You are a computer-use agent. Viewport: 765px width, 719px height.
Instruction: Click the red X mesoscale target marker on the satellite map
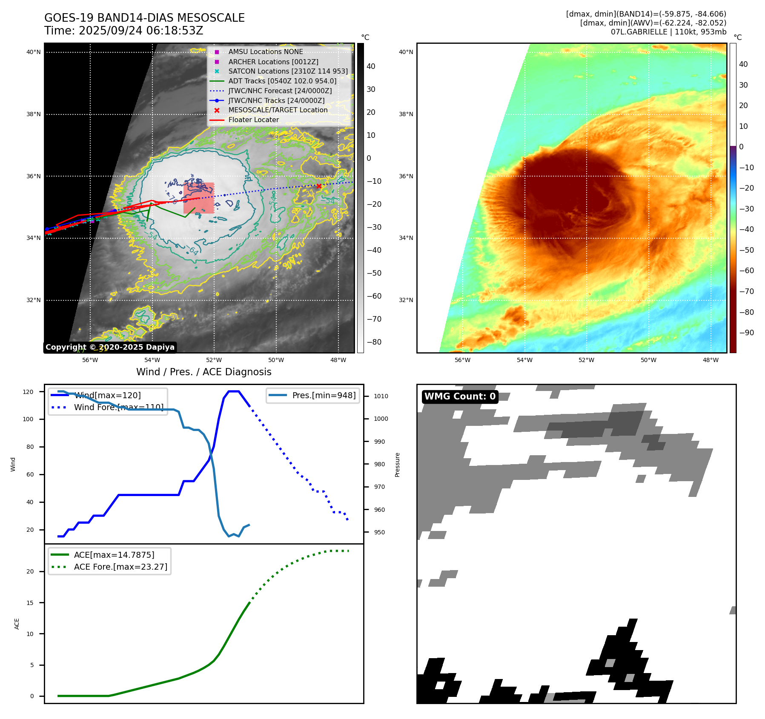point(319,186)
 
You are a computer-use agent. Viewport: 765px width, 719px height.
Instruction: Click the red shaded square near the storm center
point(199,198)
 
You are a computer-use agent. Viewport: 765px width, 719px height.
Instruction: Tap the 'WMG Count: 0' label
point(460,397)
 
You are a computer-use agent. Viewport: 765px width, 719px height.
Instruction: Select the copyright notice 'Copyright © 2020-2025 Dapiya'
point(110,347)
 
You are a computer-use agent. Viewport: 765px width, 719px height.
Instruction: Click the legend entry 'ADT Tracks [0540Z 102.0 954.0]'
point(282,81)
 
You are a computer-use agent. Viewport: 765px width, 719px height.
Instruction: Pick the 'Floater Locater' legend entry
point(253,120)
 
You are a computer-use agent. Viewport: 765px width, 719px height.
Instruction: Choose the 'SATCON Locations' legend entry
point(288,71)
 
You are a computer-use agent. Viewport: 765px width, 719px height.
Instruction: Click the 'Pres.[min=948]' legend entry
point(324,395)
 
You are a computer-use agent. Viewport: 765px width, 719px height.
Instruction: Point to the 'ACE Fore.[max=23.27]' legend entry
point(120,567)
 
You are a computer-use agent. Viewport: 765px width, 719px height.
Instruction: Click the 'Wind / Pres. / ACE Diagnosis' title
point(203,372)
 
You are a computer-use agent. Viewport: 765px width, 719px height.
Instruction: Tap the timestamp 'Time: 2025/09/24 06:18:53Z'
point(123,31)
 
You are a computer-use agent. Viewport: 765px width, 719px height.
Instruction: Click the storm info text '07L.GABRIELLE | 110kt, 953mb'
point(668,32)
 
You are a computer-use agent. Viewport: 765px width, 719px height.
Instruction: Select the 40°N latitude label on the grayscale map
point(34,52)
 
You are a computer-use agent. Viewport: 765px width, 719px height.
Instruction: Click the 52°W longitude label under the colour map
point(586,360)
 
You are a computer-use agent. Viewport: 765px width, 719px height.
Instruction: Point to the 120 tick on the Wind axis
point(28,392)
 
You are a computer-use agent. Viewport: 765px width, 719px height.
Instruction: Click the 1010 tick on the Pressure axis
point(381,396)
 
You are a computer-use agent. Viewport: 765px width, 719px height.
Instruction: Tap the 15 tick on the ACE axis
point(30,602)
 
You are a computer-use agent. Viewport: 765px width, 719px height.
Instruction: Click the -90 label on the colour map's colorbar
point(747,333)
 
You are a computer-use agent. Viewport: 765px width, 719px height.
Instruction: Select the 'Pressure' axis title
point(397,465)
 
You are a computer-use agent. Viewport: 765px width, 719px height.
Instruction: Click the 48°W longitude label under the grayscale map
point(338,360)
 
